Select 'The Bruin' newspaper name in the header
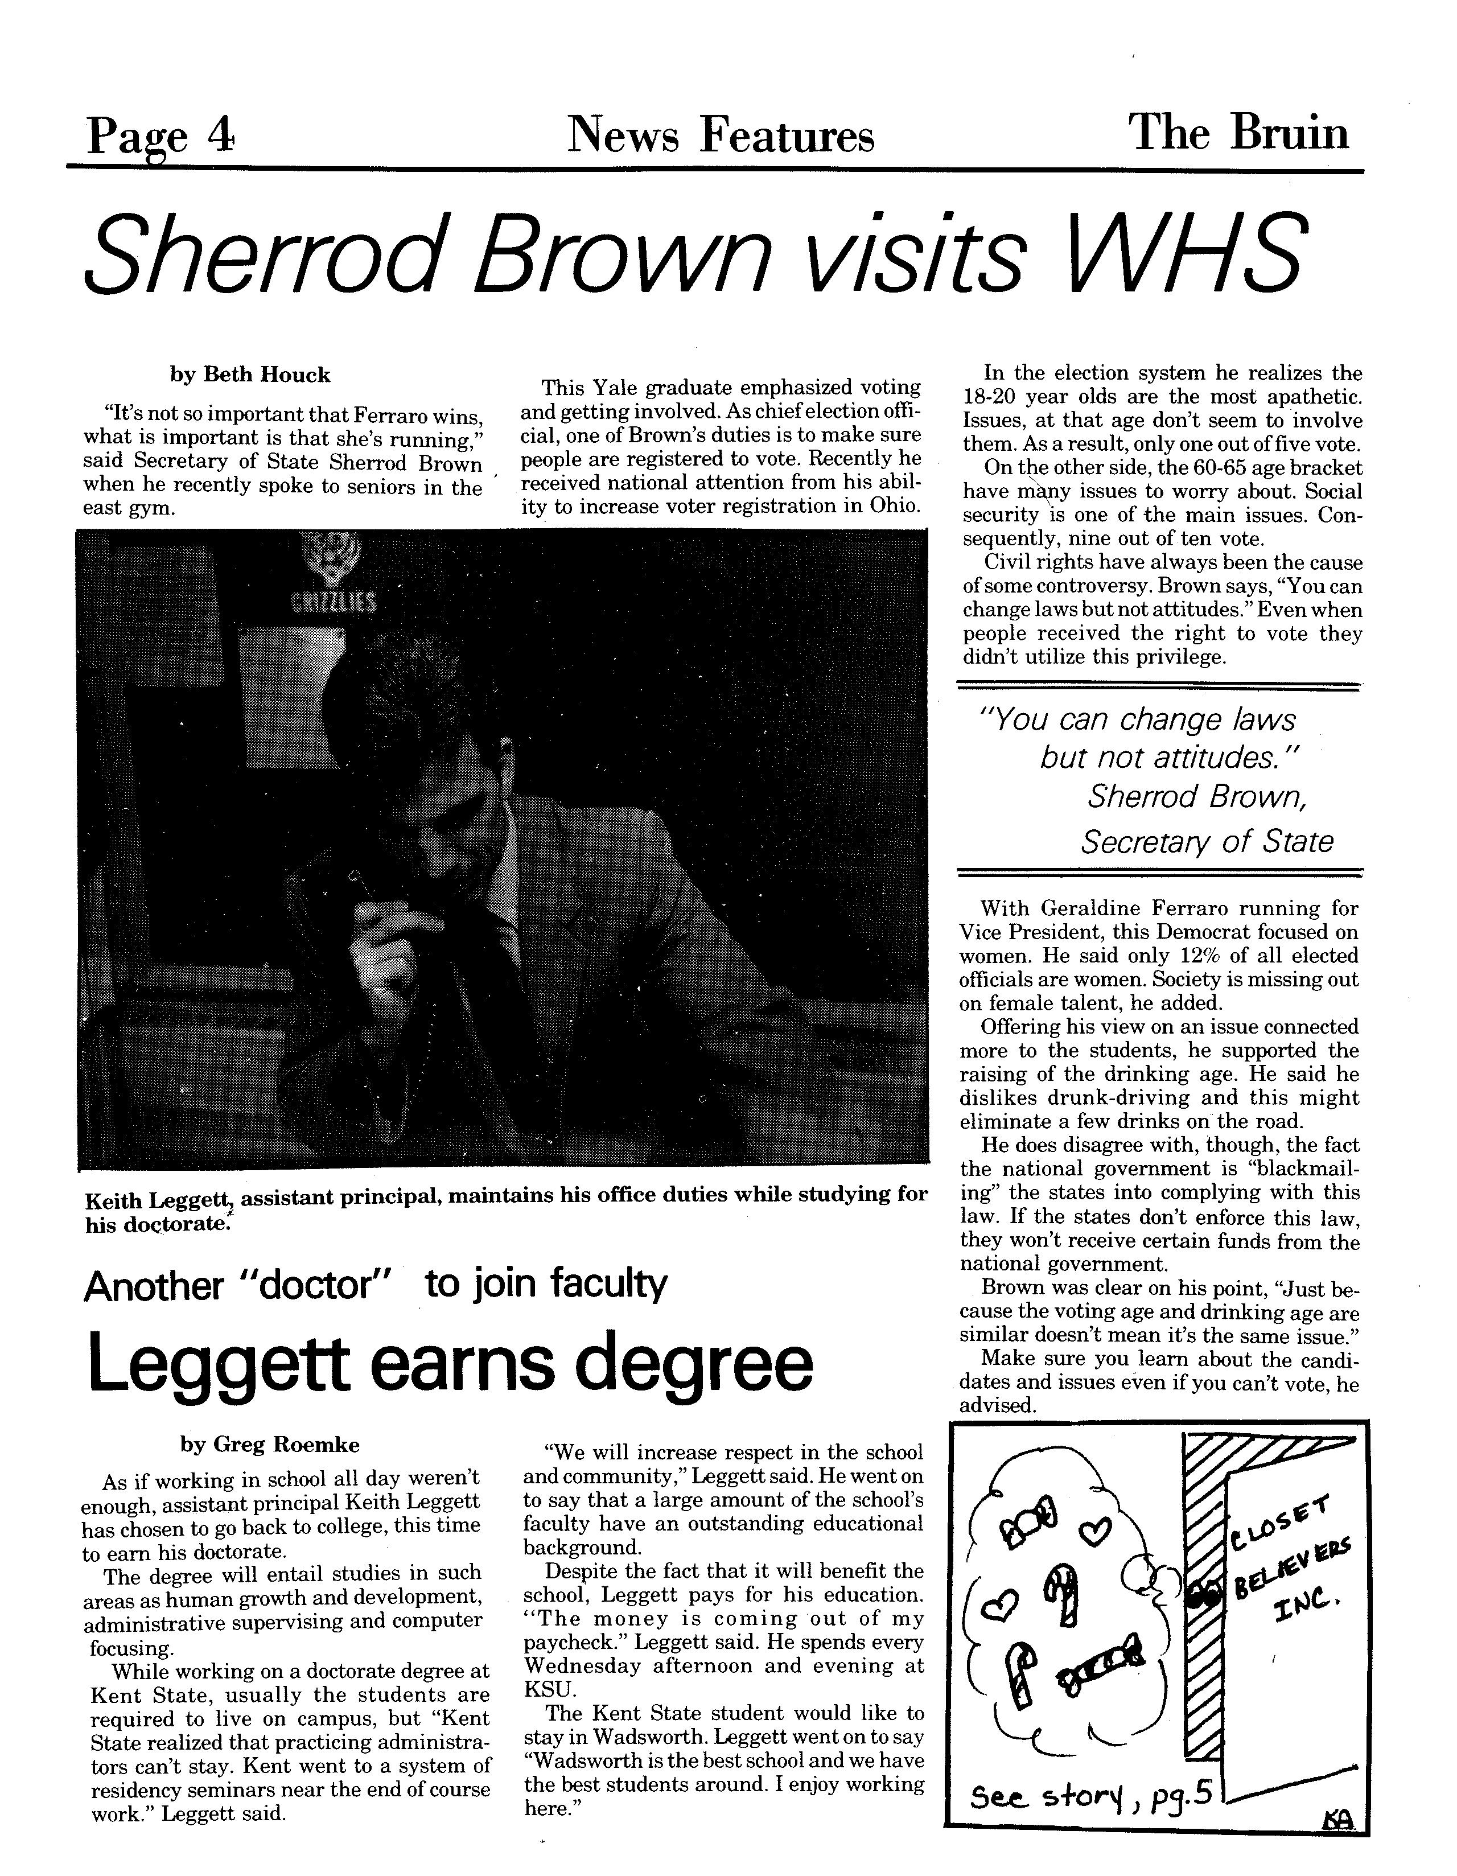[1238, 133]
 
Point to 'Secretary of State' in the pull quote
[1206, 841]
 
